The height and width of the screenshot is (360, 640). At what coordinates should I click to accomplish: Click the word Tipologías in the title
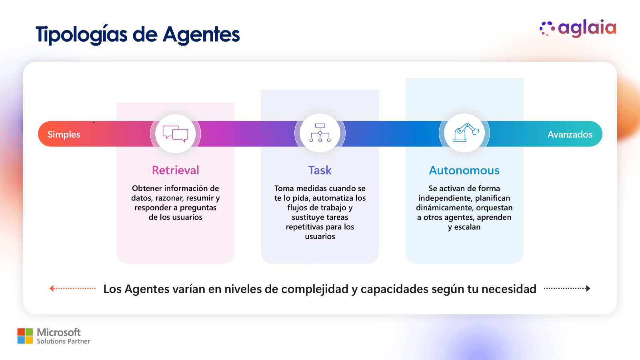(82, 34)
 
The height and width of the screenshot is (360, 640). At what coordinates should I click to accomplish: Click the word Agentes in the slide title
(201, 34)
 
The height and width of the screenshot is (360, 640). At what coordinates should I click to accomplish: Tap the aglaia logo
(578, 28)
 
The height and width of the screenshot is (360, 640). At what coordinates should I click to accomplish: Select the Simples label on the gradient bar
(64, 134)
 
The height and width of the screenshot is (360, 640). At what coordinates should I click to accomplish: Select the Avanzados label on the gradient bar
(570, 134)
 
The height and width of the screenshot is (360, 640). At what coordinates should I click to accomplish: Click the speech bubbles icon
(176, 134)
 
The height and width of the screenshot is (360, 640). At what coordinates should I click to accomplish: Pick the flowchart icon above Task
(320, 133)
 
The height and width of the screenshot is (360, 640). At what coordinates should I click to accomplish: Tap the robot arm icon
(465, 133)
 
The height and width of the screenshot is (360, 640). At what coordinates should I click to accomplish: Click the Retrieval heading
(176, 170)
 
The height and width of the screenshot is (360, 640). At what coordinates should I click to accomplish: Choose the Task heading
(320, 170)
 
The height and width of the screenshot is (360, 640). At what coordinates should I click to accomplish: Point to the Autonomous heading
(464, 170)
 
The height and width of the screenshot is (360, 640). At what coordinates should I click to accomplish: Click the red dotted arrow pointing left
(72, 288)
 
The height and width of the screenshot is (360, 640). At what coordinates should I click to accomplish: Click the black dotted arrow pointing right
(567, 288)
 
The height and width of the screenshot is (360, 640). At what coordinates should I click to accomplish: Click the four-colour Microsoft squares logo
(25, 336)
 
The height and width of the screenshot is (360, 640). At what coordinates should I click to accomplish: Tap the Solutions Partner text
(63, 341)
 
